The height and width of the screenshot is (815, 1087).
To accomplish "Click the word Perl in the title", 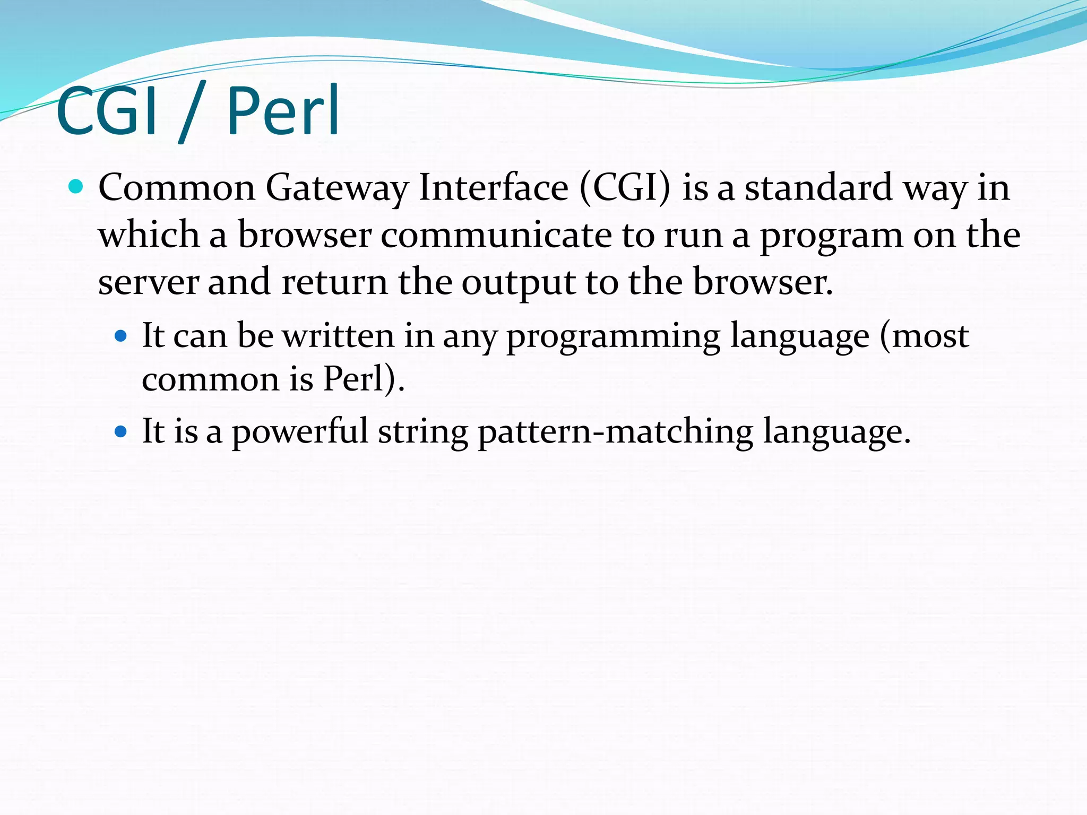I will click(x=283, y=111).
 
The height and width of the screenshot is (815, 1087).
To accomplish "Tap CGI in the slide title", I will click(x=106, y=111).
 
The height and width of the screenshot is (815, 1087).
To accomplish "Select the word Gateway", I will click(x=337, y=188).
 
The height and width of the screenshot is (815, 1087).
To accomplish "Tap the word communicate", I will click(x=496, y=235).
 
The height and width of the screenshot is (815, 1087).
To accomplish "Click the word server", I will click(x=148, y=283).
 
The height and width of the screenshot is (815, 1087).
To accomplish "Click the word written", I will click(x=338, y=335).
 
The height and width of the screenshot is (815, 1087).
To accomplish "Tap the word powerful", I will click(x=300, y=431).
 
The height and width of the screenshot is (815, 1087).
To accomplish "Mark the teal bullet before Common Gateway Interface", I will click(x=76, y=187).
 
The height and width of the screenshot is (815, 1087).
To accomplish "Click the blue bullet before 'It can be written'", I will click(x=121, y=336).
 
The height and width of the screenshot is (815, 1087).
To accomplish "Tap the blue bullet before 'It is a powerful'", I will click(x=121, y=431).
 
